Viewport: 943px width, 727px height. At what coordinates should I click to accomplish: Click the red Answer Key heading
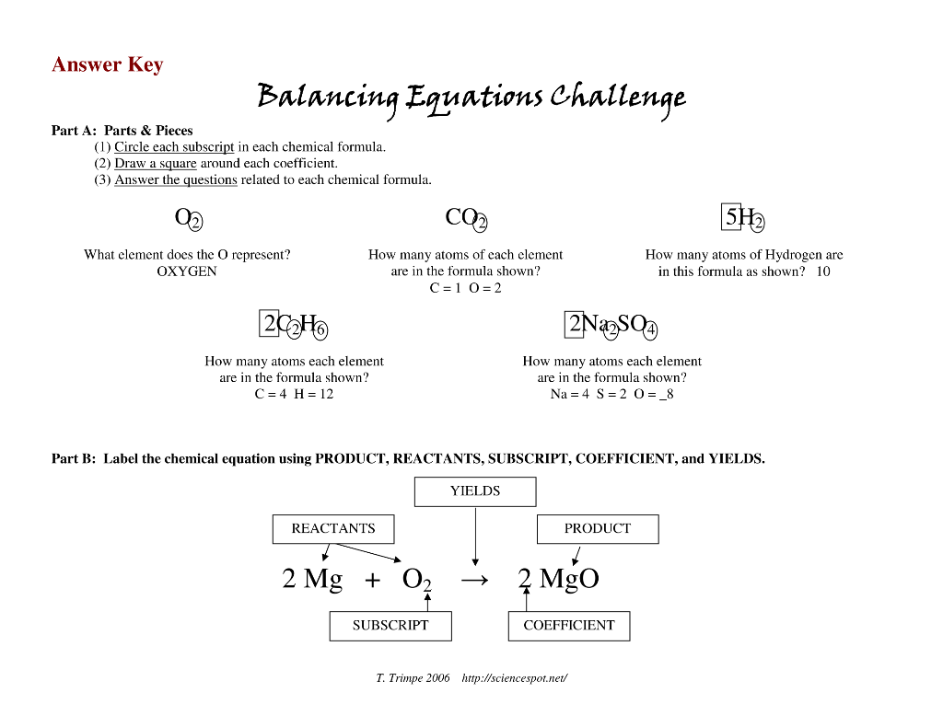pos(107,64)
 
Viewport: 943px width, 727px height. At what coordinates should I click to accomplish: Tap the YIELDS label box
pos(475,491)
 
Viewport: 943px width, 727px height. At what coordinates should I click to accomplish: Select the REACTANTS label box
pos(333,529)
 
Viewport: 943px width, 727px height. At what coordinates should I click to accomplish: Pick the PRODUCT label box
pos(598,529)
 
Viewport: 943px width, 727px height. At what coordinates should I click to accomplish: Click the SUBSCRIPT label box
pos(390,626)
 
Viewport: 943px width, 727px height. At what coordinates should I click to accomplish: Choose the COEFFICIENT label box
pos(569,626)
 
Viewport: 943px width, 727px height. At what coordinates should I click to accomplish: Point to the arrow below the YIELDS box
pos(475,536)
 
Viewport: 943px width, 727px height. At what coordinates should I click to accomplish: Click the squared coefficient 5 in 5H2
pos(730,217)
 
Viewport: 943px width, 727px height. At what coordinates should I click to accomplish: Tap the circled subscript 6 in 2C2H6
pos(320,329)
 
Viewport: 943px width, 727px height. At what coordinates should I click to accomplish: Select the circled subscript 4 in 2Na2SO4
pos(650,329)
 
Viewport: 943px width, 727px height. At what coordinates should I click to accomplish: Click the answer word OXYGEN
pos(186,271)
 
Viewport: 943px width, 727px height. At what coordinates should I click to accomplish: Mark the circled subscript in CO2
pos(480,224)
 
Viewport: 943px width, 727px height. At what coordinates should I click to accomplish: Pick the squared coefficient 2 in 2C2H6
pos(269,323)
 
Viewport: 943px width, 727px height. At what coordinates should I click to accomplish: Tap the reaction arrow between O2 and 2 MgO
pos(474,580)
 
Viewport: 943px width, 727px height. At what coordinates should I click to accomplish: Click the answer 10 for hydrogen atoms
pos(822,271)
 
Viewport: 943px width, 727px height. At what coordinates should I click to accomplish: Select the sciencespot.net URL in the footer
pos(514,678)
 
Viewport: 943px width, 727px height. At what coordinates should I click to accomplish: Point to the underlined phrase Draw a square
pos(155,164)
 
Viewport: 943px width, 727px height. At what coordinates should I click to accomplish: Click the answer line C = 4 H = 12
pos(294,394)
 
